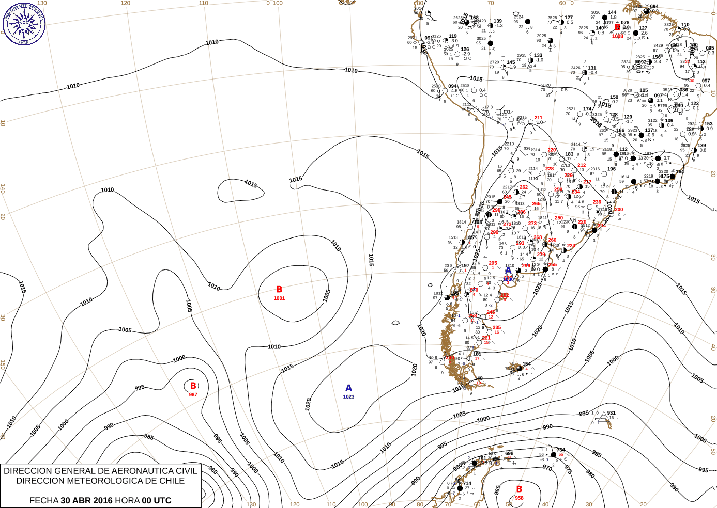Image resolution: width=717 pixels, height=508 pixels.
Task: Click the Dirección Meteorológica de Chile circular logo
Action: pos(24,24)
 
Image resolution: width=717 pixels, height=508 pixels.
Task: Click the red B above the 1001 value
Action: pos(279,290)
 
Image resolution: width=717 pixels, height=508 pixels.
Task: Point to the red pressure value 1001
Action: pos(279,298)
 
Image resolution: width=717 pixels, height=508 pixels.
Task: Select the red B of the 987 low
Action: pos(193,386)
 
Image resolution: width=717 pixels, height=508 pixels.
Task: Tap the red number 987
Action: pos(193,395)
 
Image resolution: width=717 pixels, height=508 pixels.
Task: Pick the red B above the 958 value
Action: pos(519,489)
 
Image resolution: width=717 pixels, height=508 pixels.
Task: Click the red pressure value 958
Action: pos(519,498)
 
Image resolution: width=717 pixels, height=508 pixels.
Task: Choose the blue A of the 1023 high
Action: pos(348,388)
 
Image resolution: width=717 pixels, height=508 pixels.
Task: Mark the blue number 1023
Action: pos(348,397)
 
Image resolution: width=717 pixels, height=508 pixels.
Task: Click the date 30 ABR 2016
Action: pos(86,500)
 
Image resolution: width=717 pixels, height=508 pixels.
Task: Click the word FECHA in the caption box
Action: pos(44,500)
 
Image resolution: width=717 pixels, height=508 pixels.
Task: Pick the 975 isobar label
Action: pos(568,470)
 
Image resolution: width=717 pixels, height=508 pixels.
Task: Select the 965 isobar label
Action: pos(497,489)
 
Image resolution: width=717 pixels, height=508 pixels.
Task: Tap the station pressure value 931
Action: pos(612,413)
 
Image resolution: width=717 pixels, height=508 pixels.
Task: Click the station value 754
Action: pos(560,450)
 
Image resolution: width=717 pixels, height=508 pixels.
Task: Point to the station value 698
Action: pos(509,453)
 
